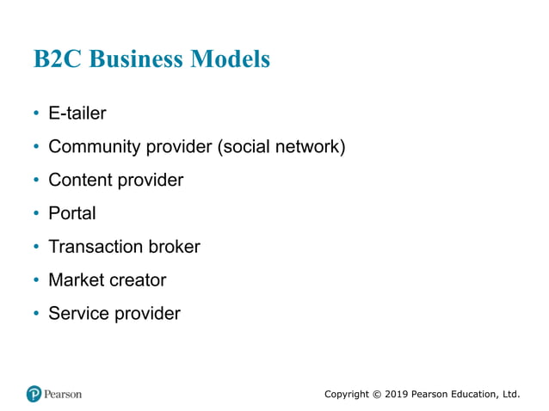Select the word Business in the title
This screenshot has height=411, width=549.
[138, 59]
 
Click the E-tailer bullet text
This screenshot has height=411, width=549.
[77, 113]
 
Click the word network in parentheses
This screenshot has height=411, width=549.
[311, 147]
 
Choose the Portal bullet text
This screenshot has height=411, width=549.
[72, 213]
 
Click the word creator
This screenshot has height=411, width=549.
[138, 280]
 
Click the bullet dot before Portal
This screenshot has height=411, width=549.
[36, 213]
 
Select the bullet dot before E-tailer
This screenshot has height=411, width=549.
[36, 113]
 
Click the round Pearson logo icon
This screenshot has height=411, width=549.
[34, 394]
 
